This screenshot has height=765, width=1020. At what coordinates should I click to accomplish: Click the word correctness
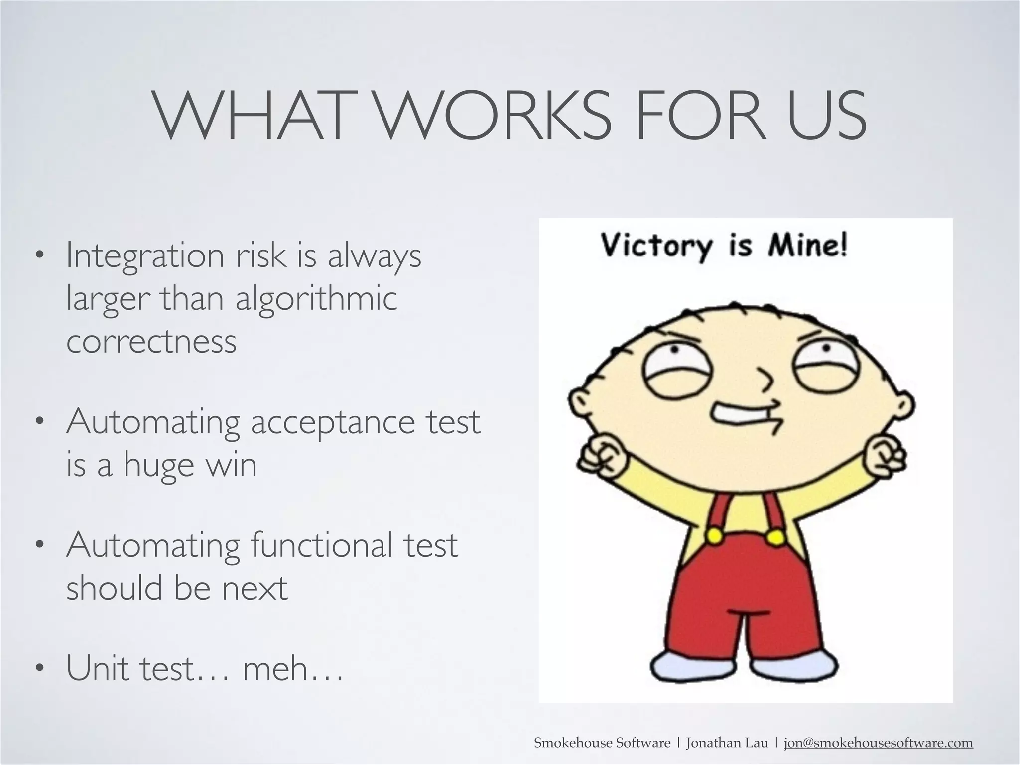pos(151,342)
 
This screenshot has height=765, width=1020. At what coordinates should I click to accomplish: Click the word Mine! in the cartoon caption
pos(807,247)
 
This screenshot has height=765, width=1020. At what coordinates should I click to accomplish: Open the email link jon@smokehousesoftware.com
pos(878,744)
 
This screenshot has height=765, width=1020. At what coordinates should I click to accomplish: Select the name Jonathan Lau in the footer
pos(727,744)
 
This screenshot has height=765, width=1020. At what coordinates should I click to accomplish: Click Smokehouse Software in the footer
pos(602,744)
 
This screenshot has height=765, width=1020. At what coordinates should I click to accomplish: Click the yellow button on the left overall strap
pos(715,536)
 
